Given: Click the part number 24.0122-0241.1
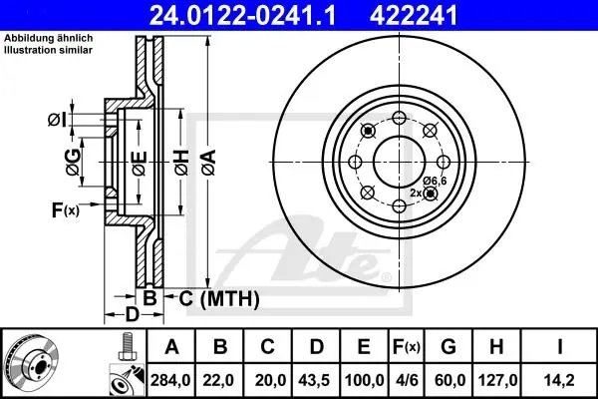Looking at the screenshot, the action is [242, 16].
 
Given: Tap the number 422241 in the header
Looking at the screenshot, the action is [413, 16].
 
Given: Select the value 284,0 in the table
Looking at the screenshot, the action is [170, 380].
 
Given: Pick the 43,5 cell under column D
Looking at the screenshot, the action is [315, 380].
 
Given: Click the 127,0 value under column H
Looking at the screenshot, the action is [496, 380].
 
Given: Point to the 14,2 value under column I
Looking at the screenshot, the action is [559, 380].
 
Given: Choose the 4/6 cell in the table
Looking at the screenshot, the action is [406, 380].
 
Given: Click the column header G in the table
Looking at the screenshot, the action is [448, 347].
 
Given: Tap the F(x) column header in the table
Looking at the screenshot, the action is [407, 347].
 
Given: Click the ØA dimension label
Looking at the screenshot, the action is [209, 163].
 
